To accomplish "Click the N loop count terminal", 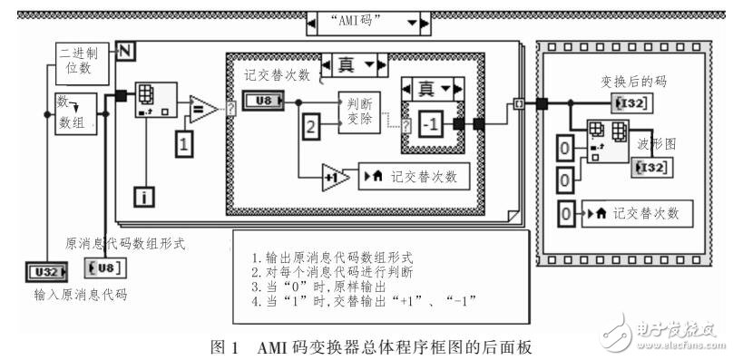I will [124, 50].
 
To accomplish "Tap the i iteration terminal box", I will [146, 196].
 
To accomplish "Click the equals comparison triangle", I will [201, 110].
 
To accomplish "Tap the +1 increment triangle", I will [336, 177].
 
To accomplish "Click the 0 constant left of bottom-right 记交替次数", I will [566, 215].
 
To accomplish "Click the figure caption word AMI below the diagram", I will [271, 345].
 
